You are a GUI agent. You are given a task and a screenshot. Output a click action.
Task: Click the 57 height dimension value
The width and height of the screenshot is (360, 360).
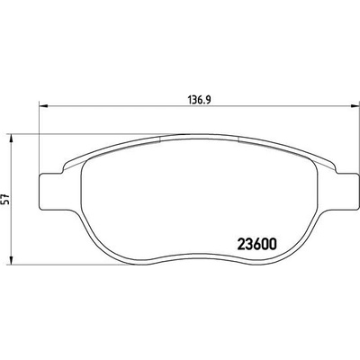(x=8, y=199)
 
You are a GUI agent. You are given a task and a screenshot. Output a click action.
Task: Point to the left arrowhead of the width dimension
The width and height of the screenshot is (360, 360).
(x=44, y=105)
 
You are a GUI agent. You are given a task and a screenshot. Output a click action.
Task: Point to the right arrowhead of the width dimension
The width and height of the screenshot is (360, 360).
(x=355, y=105)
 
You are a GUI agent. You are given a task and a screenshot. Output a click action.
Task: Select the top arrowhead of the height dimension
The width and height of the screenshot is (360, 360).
(x=11, y=138)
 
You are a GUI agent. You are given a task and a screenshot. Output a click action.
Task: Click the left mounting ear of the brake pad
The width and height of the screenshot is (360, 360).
(x=51, y=192)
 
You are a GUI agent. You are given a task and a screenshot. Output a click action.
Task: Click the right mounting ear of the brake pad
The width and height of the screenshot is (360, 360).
(x=347, y=192)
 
